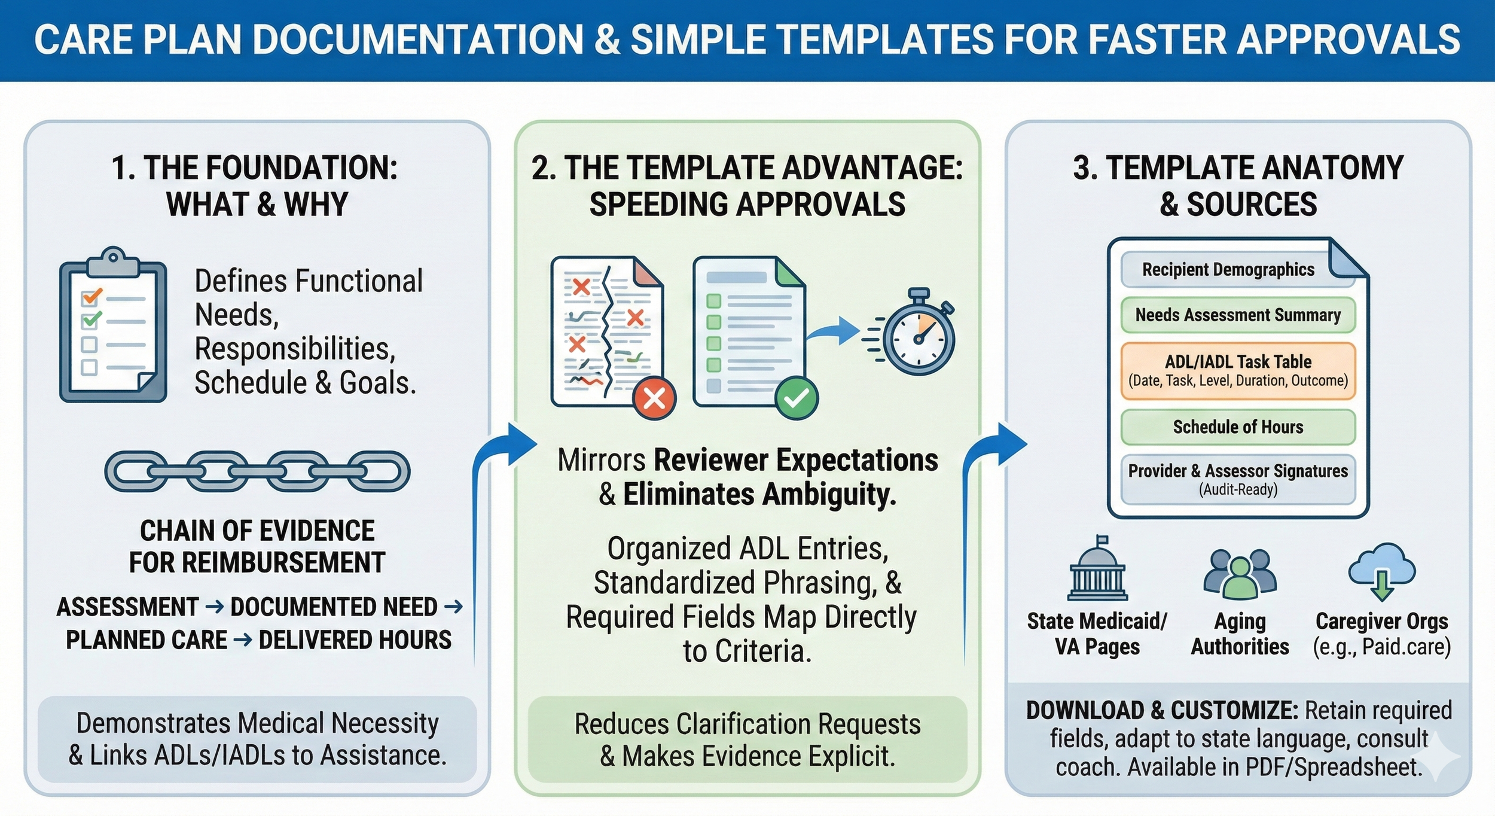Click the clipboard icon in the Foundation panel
click(112, 326)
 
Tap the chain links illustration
click(257, 471)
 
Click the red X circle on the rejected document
click(654, 398)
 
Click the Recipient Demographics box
click(1228, 270)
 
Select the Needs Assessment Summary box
click(1238, 315)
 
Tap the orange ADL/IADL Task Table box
click(1238, 371)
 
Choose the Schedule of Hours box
click(1238, 427)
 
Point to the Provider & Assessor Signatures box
click(1238, 479)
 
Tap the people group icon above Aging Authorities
click(1240, 574)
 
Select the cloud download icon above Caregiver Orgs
click(1381, 571)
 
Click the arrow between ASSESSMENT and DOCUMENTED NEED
click(215, 607)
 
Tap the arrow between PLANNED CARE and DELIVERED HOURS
click(243, 640)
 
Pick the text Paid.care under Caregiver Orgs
click(1397, 647)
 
